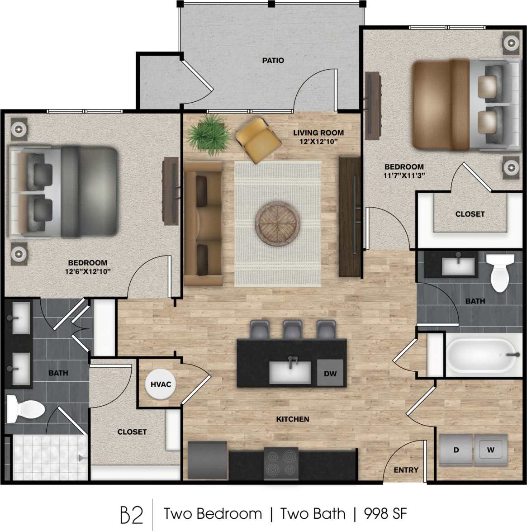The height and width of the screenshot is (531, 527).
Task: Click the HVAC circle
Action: (x=161, y=384)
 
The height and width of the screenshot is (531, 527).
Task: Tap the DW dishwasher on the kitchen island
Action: (x=330, y=373)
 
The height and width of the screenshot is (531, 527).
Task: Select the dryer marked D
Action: (x=456, y=450)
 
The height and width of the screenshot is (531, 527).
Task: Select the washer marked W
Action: (x=490, y=450)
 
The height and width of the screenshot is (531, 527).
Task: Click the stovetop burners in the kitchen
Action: (x=281, y=464)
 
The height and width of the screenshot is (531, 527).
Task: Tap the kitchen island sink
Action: (x=290, y=372)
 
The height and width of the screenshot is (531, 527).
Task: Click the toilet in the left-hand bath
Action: (x=25, y=410)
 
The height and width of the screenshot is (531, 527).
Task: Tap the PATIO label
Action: (x=273, y=60)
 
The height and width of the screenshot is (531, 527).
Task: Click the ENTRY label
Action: (x=406, y=470)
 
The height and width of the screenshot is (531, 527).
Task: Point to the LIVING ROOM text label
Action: (x=318, y=133)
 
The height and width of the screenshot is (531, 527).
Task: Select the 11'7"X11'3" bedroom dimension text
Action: (x=404, y=175)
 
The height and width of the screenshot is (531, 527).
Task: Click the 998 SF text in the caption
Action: (x=385, y=514)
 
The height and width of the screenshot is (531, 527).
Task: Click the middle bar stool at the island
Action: (x=293, y=330)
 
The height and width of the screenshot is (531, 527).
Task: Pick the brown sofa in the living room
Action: (x=203, y=224)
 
